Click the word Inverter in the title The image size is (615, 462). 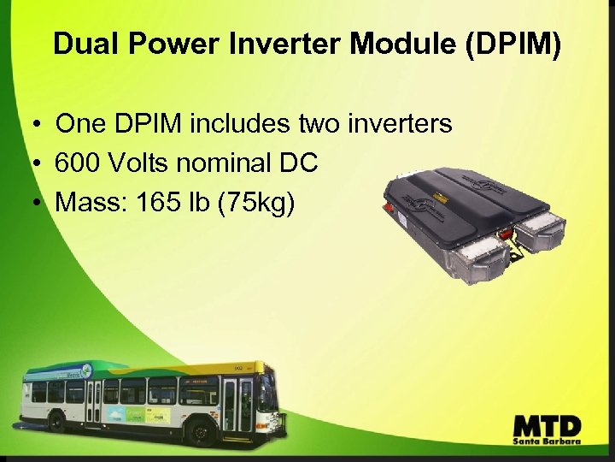[x=279, y=44]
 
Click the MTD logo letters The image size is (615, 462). [x=547, y=425]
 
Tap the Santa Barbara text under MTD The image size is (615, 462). [x=547, y=442]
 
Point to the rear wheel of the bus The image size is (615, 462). [x=58, y=422]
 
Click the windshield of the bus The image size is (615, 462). [x=266, y=393]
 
